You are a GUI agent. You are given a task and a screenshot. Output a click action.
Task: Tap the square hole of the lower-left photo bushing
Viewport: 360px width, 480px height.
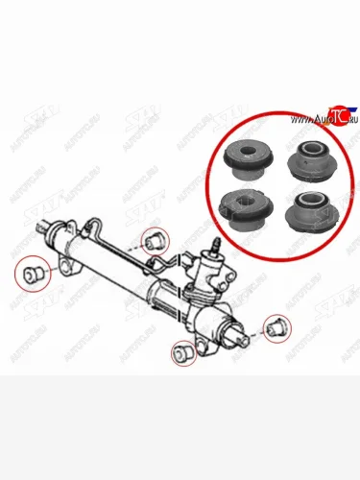pos(241,202)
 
